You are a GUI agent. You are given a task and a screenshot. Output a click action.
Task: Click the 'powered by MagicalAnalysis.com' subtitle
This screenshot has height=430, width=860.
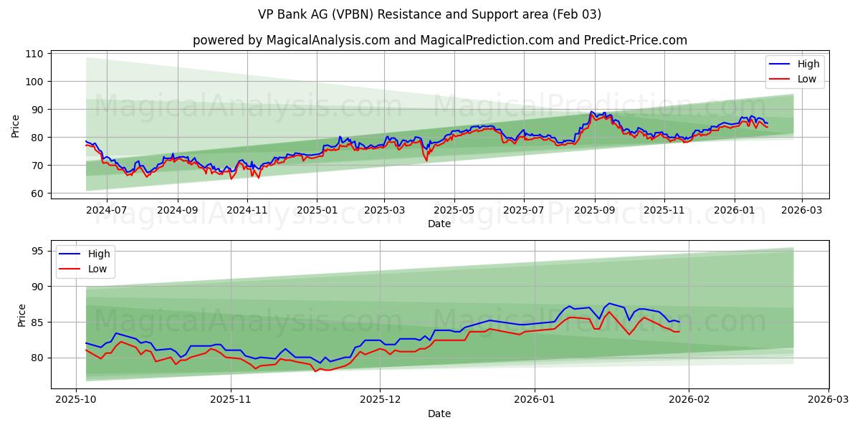[x=439, y=40]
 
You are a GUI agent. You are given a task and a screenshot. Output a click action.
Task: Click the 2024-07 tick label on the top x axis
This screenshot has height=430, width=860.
[x=106, y=211]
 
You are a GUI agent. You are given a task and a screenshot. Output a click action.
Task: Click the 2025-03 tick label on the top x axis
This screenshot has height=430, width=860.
[x=385, y=211]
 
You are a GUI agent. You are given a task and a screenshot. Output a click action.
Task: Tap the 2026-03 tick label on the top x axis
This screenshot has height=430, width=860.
[x=801, y=211]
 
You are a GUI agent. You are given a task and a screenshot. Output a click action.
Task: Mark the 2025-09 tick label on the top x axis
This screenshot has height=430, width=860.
[x=593, y=211]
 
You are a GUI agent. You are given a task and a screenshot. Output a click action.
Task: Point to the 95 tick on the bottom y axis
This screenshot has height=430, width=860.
[x=38, y=251]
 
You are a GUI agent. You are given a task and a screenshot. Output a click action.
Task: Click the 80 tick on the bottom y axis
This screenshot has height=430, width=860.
[x=38, y=358]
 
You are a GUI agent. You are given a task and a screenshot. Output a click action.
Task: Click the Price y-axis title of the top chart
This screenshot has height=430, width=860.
[x=16, y=126]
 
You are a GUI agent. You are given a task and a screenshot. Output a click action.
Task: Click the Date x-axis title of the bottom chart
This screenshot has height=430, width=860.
[x=439, y=414]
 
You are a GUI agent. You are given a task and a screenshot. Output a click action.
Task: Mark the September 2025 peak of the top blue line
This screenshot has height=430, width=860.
[x=592, y=112]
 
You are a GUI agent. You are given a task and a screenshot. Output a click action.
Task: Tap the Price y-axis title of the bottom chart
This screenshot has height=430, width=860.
[x=21, y=315]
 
